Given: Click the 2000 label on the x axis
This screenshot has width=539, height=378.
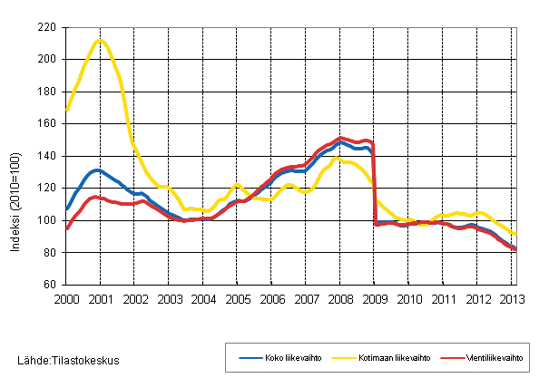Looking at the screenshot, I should (x=65, y=298).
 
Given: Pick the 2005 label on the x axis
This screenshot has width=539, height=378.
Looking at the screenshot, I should (x=237, y=298).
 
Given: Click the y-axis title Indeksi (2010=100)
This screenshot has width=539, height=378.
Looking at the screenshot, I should (x=18, y=155).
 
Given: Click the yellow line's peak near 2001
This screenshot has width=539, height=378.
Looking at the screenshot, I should (x=100, y=40).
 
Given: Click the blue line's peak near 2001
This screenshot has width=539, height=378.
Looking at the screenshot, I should (x=97, y=170).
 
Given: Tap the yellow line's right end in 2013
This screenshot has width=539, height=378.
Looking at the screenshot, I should (x=516, y=234).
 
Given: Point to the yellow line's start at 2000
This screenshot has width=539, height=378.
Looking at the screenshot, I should (x=65, y=110).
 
